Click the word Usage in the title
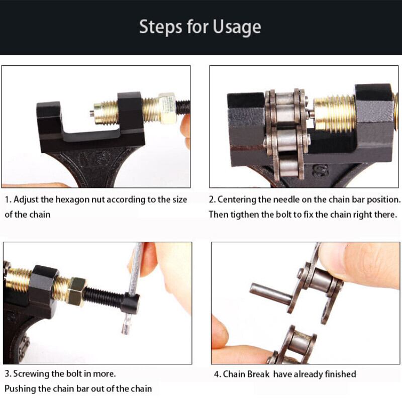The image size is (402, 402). coord(237,27)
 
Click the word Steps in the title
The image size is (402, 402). coord(161,27)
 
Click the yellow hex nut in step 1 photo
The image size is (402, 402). coord(167,108)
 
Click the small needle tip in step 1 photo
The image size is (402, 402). coord(91,112)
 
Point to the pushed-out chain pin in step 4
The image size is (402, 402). coord(271,292)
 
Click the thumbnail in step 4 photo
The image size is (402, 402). coord(333,259)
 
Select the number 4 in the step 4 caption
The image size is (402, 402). coord(216,374)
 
